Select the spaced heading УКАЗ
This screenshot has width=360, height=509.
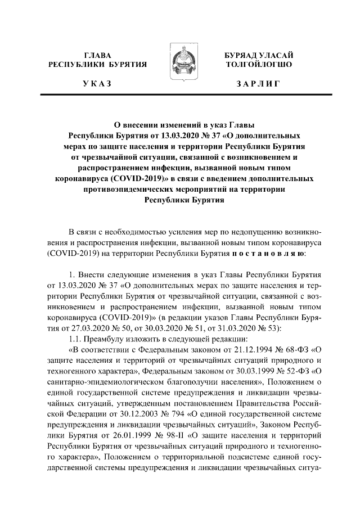97,83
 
